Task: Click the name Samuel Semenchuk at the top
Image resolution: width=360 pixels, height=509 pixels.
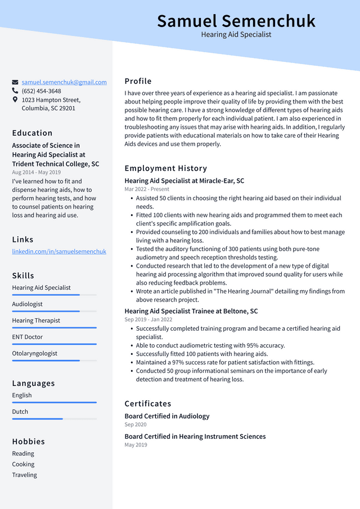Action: coord(236,21)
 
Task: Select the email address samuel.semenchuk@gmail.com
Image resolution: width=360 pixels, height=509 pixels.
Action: coord(64,82)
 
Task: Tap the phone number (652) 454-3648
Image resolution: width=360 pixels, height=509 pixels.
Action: coord(41,91)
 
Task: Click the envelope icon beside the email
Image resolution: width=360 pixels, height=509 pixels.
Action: coord(15,82)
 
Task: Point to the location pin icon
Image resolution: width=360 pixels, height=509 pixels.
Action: coord(15,100)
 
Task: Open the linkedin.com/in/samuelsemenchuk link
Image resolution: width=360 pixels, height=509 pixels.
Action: coord(59,251)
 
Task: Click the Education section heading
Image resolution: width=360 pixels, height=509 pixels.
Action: coord(32,133)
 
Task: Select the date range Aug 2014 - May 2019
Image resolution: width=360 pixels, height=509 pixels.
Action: coord(37,173)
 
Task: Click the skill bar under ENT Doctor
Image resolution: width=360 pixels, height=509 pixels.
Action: coord(55,344)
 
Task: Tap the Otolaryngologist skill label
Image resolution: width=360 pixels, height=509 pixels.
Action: coord(35,354)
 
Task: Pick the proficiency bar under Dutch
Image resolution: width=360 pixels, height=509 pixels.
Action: coord(55,418)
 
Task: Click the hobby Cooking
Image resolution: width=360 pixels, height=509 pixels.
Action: coord(24,465)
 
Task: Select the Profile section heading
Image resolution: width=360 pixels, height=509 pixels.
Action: coord(138,81)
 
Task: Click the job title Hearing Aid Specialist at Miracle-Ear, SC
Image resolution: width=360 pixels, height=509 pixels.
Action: coord(184,181)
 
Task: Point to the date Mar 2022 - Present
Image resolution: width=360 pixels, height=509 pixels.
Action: coord(147,190)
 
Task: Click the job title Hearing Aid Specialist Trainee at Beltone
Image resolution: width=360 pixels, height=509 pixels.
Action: coord(191,311)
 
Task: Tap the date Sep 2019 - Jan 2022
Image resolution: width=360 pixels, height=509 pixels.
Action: coord(148,319)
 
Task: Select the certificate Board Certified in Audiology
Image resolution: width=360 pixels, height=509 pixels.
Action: coord(167,416)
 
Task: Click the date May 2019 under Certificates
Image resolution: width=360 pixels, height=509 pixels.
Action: coord(136,445)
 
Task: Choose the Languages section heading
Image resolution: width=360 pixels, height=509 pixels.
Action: coord(34,384)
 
